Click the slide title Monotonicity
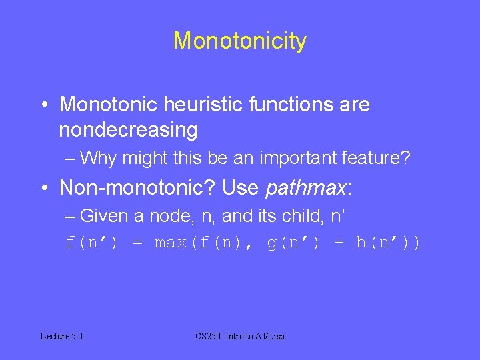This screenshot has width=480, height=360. point(240,41)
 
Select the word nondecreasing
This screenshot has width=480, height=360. point(128,130)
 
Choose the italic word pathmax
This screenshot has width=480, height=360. point(304,188)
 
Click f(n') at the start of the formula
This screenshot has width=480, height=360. point(92,243)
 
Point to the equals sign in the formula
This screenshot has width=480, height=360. point(137,243)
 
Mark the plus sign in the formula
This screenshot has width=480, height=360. point(339,243)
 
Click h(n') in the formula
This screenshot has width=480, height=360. point(383,243)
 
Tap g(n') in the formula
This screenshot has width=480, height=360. point(294,243)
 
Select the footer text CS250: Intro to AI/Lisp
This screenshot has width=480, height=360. point(240,337)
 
